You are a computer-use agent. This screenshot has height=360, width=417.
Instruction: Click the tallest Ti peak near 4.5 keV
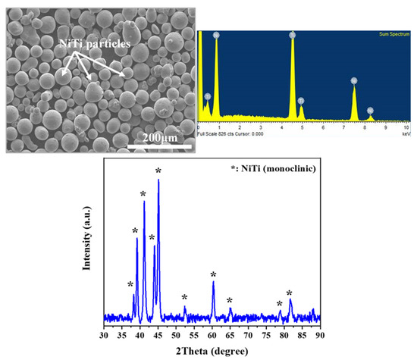(293, 35)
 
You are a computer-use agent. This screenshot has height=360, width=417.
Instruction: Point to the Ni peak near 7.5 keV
(353, 80)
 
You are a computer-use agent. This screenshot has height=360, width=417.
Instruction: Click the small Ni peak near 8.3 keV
(370, 111)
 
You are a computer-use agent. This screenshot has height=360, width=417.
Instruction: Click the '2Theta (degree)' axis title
(212, 350)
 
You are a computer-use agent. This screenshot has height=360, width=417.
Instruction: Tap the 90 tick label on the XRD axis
(321, 333)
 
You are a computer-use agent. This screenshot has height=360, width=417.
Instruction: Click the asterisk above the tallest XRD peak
(158, 172)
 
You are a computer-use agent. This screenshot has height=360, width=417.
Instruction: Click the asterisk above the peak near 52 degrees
(184, 298)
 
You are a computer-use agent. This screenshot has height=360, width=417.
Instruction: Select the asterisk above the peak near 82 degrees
(290, 293)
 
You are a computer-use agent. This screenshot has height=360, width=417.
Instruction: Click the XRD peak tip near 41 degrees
(144, 202)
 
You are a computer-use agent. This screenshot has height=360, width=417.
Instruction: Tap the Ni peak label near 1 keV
(216, 35)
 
